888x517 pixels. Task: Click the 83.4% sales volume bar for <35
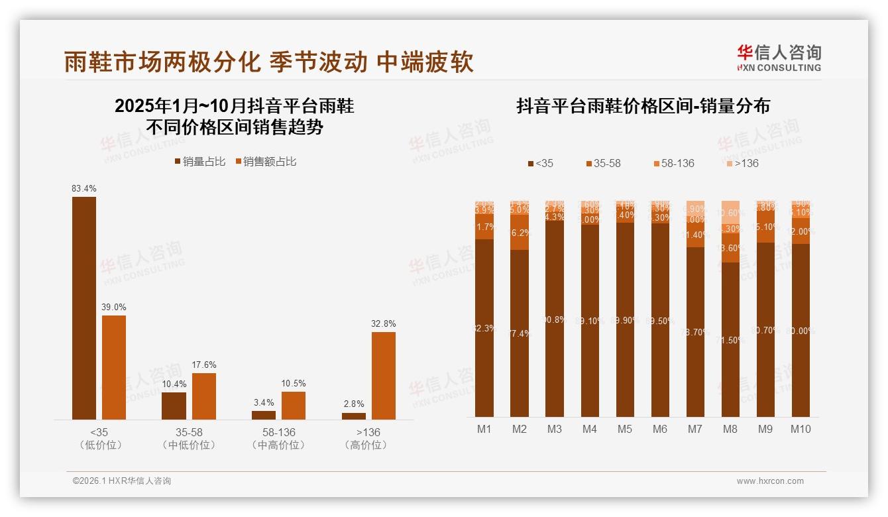point(84,308)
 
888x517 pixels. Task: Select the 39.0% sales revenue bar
point(114,367)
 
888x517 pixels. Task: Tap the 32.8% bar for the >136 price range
point(384,375)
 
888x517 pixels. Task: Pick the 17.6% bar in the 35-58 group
point(204,396)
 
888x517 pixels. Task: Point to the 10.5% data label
point(294,384)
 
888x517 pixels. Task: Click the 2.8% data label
point(354,404)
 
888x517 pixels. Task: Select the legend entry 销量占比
point(199,162)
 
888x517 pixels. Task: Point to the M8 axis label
point(730,429)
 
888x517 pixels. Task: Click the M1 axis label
point(484,429)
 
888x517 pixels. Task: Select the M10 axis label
point(801,429)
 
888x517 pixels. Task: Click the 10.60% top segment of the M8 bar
point(730,211)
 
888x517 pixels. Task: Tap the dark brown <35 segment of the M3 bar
point(555,318)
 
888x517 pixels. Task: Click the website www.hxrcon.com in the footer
point(770,481)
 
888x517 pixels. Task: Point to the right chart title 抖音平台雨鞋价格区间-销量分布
point(643,107)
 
